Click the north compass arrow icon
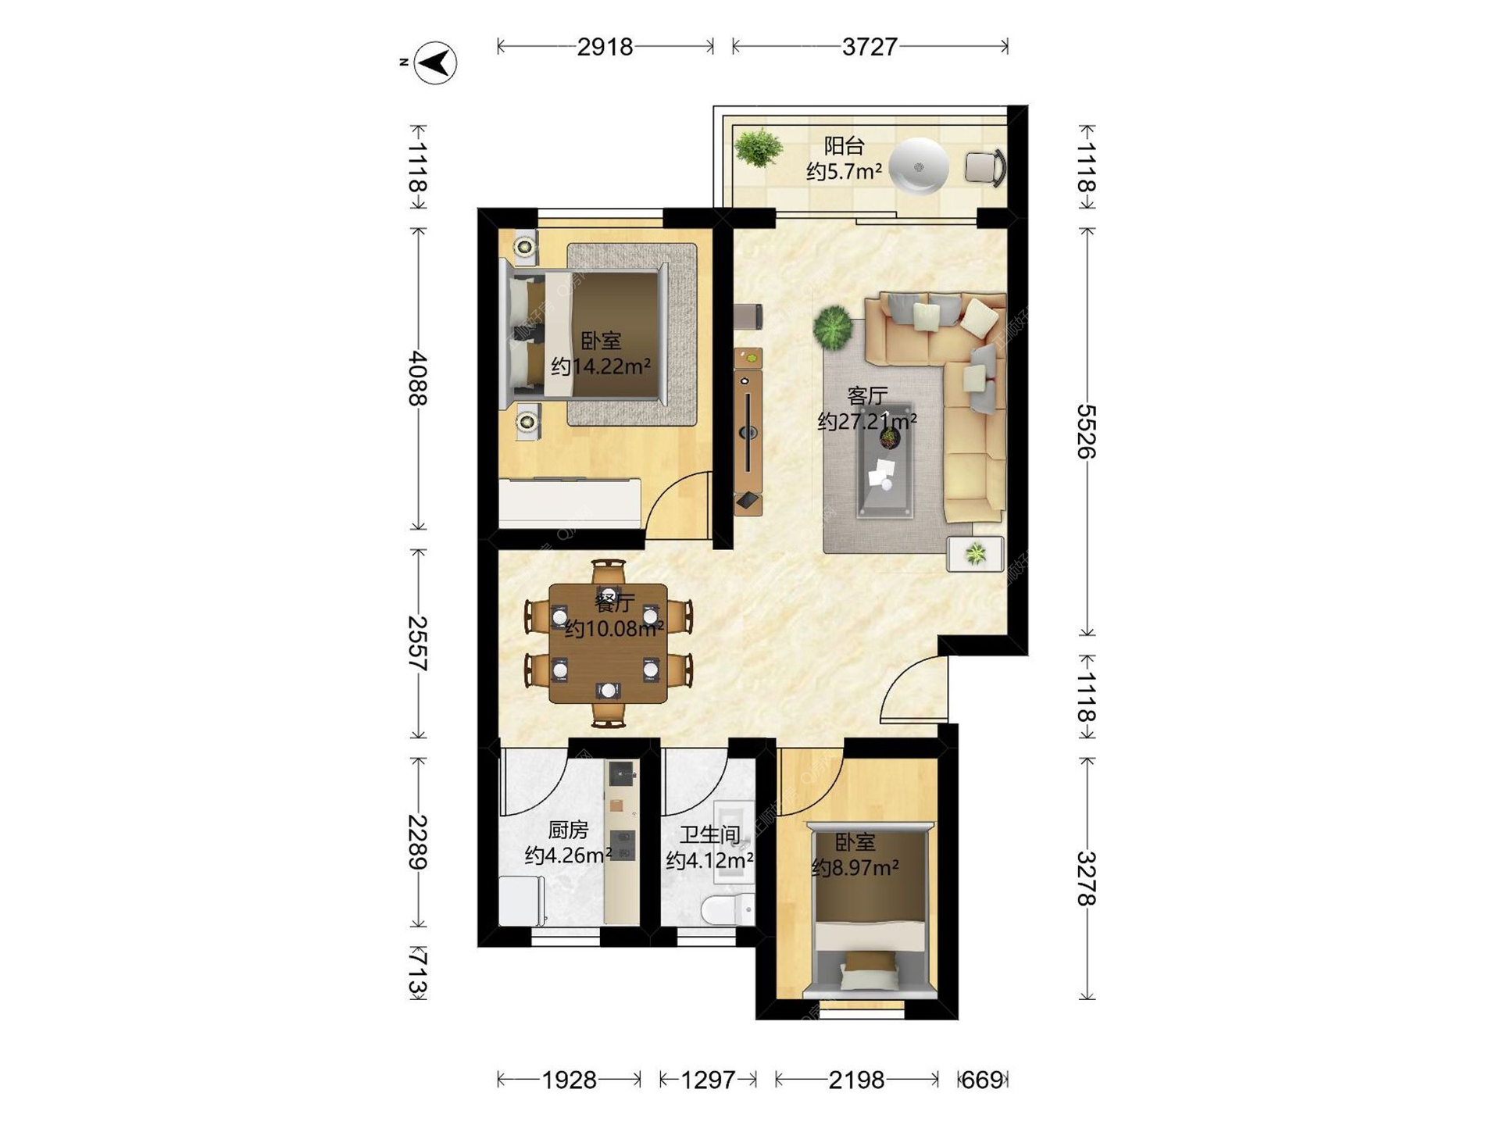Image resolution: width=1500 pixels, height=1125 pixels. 435,62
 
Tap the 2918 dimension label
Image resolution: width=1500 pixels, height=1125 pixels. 605,47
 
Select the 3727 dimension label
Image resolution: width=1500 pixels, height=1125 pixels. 870,47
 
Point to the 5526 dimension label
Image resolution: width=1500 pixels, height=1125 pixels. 1087,431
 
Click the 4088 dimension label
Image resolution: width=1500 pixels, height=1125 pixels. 418,378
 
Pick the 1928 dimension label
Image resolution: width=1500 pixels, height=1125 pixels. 570,1080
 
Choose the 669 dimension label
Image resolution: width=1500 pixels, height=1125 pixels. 982,1080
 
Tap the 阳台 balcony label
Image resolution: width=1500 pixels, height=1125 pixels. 845,145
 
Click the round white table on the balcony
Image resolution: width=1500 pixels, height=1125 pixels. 920,166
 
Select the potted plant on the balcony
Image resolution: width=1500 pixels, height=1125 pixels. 757,147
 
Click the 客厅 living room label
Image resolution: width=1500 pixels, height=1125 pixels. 867,396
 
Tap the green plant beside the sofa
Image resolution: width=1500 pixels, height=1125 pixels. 833,326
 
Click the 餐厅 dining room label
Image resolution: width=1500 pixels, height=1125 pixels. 615,602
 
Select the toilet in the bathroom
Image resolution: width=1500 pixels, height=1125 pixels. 727,909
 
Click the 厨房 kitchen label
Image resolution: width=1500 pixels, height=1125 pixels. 568,830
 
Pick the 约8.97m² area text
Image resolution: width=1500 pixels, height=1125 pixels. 855,867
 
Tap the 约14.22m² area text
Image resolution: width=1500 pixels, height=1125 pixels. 601,366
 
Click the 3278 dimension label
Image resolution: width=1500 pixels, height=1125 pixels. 1087,878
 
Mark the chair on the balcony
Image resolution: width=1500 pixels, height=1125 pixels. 985,167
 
